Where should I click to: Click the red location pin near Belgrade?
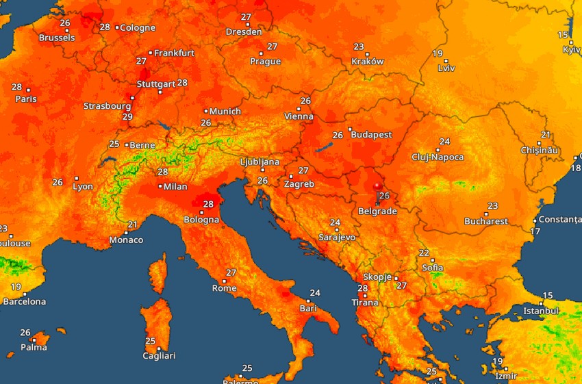[376, 186]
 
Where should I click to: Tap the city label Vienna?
[299, 116]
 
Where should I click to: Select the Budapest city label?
[371, 135]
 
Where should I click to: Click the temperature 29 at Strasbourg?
[127, 116]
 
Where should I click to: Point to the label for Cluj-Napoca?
[438, 157]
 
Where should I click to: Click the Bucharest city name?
[485, 221]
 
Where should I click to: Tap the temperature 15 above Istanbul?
[547, 296]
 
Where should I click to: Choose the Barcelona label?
[25, 301]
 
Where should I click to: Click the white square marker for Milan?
[160, 186]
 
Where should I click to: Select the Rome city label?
[224, 288]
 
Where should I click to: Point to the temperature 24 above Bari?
[314, 293]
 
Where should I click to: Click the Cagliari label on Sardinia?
[159, 355]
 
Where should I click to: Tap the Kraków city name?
[367, 61]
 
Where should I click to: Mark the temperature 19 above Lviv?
[438, 53]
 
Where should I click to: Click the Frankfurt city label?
[174, 53]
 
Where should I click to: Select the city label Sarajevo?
[337, 237]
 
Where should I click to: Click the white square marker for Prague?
[262, 52]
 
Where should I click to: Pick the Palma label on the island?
[34, 347]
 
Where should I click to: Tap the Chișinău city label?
[540, 150]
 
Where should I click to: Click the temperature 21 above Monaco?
[132, 225]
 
